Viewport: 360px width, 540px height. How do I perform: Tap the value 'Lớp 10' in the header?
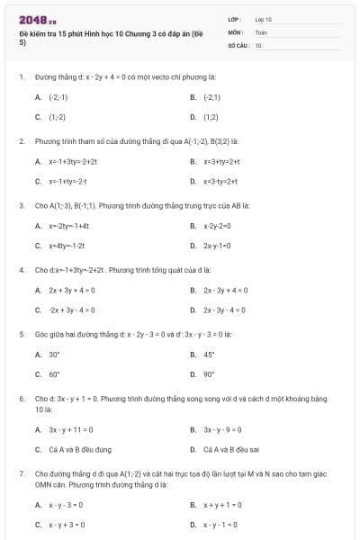(x=264, y=18)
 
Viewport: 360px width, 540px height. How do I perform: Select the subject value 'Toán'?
(x=261, y=31)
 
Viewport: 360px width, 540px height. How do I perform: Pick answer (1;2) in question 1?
(x=211, y=117)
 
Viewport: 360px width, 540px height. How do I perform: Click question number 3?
(x=22, y=204)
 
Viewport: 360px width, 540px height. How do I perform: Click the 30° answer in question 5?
(x=55, y=355)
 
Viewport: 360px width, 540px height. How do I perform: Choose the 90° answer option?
(x=210, y=374)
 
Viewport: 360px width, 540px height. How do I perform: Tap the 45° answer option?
(x=210, y=355)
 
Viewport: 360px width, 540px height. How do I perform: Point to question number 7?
(x=22, y=472)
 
